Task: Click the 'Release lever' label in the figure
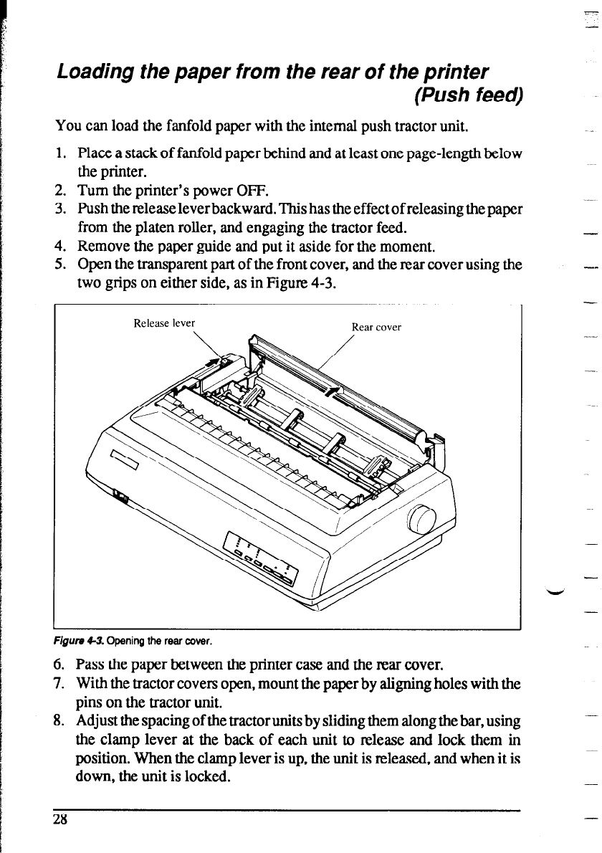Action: pos(164,323)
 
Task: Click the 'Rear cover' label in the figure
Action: pos(376,327)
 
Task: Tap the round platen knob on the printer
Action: pos(422,520)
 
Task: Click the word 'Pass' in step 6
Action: pos(89,664)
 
